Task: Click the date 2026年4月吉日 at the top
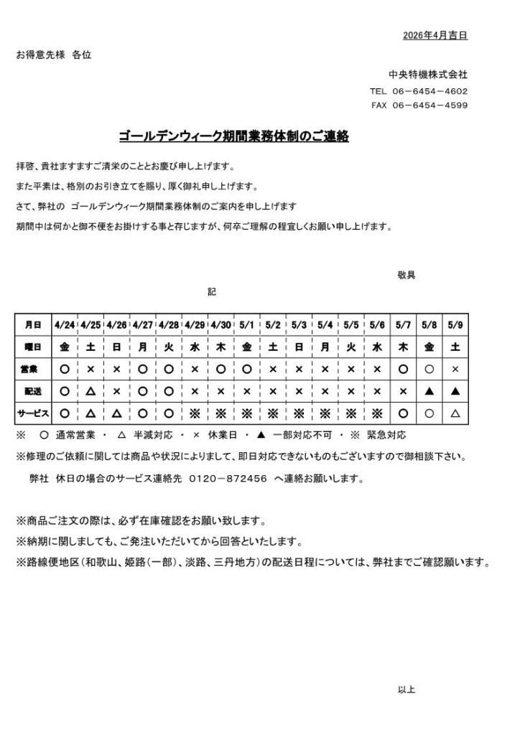435,35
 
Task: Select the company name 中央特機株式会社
429,74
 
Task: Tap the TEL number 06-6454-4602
430,91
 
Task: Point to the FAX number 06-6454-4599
430,106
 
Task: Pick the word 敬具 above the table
406,275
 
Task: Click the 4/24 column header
65,324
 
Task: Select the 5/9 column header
455,324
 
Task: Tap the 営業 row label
33,369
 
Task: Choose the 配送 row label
33,391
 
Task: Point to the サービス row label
33,413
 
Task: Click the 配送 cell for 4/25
90,391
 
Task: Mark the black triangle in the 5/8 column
429,391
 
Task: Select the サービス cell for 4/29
195,413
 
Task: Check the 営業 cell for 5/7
403,369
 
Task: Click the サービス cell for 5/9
455,413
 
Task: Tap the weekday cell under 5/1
247,347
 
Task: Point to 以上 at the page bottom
406,690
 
